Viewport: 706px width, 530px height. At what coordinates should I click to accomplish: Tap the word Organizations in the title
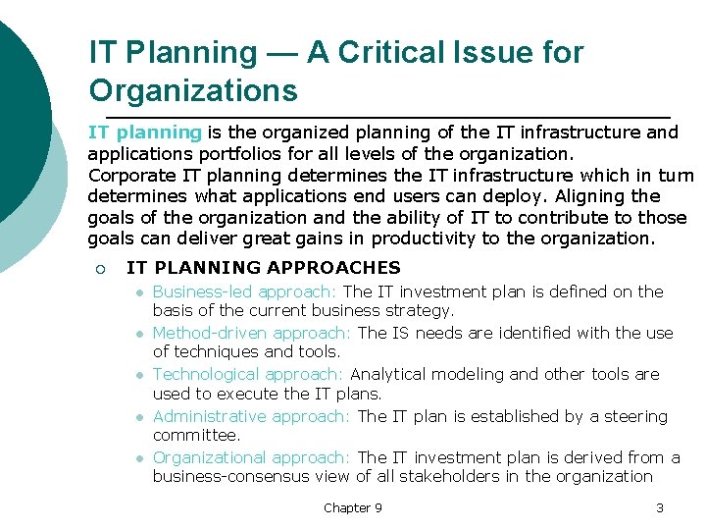click(192, 91)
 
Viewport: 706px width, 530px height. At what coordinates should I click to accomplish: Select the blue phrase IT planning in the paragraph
click(144, 132)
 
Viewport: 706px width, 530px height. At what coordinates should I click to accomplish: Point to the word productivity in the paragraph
click(429, 238)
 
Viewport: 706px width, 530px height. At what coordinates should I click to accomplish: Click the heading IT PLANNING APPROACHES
click(264, 267)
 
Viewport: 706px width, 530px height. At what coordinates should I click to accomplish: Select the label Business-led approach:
click(245, 291)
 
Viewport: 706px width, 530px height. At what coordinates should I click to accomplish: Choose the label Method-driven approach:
click(253, 333)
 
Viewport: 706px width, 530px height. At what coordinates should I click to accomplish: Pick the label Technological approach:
click(248, 374)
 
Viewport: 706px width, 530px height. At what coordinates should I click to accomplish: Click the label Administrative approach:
click(251, 416)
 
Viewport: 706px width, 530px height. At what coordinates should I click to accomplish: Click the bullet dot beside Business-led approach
click(140, 292)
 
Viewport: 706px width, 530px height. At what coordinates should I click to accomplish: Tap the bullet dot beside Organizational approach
click(140, 458)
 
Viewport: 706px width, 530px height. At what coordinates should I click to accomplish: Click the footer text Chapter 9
click(353, 507)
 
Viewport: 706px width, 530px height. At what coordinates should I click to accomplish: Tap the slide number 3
click(660, 507)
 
